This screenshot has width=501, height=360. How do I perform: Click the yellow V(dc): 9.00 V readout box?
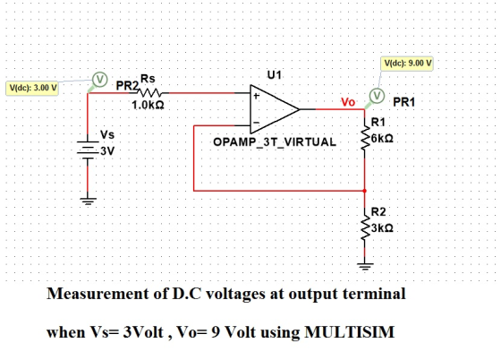(407, 64)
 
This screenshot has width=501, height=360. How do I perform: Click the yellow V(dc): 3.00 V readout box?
(32, 88)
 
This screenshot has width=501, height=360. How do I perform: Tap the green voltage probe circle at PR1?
(377, 95)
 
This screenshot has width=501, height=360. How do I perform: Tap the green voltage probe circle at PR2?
(99, 79)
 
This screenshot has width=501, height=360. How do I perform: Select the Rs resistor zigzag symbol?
(149, 93)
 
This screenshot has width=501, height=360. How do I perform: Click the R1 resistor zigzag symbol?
(365, 138)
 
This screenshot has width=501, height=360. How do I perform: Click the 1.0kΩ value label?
(148, 105)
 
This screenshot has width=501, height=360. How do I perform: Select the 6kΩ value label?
(382, 139)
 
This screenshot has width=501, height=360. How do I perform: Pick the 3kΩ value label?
(382, 228)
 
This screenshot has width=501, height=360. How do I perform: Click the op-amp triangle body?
(275, 109)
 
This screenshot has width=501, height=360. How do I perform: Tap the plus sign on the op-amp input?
(256, 95)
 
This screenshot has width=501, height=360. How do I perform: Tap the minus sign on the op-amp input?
(256, 123)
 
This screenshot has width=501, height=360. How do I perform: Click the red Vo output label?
(348, 102)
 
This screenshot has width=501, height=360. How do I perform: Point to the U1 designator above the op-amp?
(275, 75)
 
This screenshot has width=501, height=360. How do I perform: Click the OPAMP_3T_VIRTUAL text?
(275, 142)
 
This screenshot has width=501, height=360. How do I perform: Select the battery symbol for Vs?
(88, 150)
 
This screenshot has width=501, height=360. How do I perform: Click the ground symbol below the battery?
(88, 201)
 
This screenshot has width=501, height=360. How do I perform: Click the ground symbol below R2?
(365, 266)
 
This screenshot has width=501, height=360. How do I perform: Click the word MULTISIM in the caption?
(349, 332)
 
